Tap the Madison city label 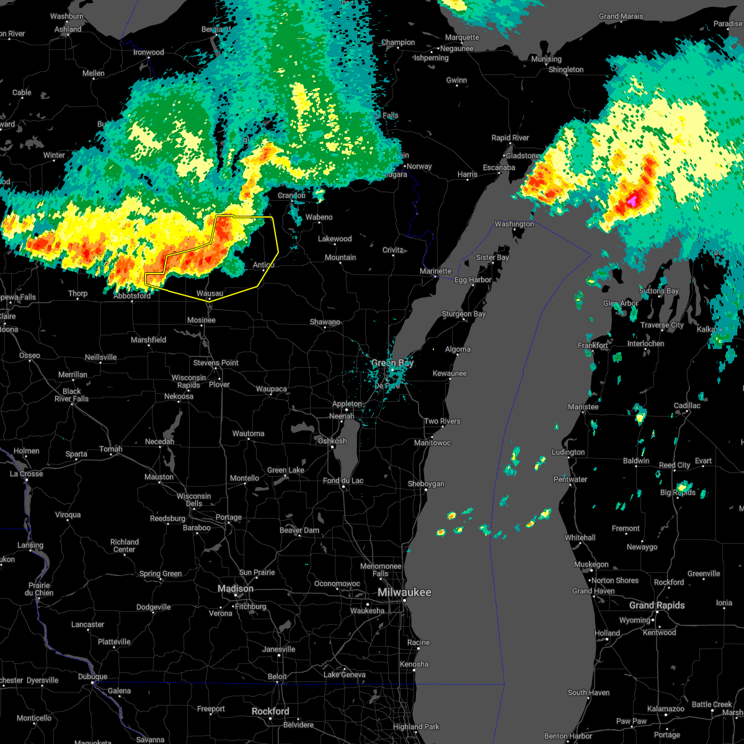point(236,588)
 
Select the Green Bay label point(392,363)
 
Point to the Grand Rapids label point(657,605)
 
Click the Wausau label point(210,293)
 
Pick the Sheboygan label point(425,484)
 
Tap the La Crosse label point(27,474)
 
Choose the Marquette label point(462,38)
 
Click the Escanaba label point(498,167)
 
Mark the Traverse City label point(662,325)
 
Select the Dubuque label point(92,677)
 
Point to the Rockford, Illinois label point(271,711)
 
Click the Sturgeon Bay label point(463,314)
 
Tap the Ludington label point(568,453)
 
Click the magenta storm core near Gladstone point(632,201)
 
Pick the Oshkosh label point(332,441)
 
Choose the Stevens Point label point(216,363)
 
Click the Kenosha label point(414,664)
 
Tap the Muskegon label point(591,565)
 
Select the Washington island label point(514,224)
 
